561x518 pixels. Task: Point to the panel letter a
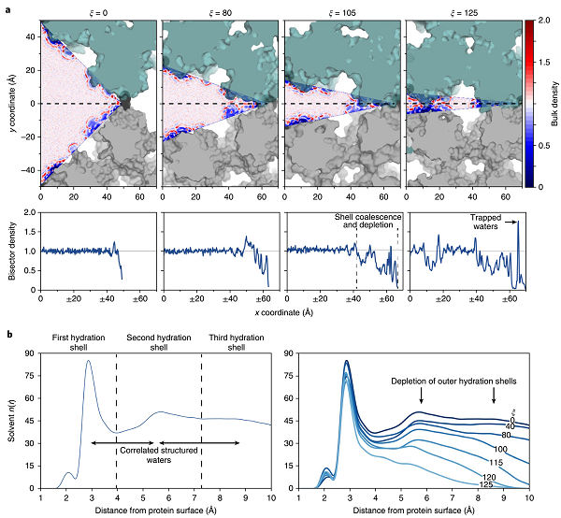click(7, 7)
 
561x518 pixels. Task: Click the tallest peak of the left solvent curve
click(90, 361)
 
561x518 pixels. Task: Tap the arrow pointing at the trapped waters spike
click(511, 223)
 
